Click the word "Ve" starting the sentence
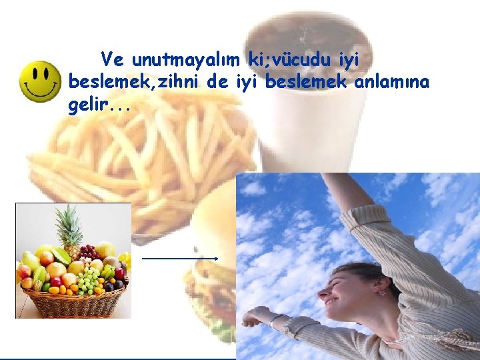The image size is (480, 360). click(112, 60)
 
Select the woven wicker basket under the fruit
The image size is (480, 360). click(73, 303)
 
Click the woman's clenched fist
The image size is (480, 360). click(251, 318)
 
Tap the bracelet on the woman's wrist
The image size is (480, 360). click(273, 321)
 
